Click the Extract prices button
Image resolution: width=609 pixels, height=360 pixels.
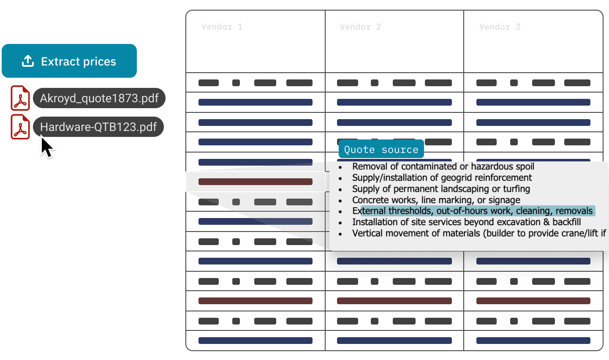tap(69, 61)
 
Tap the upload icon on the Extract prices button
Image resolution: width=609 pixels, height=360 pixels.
tap(28, 61)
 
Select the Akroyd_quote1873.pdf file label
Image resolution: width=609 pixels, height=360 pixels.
tap(99, 98)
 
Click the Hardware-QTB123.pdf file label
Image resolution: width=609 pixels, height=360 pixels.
tap(98, 127)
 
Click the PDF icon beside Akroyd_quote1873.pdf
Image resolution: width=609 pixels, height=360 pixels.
tap(20, 98)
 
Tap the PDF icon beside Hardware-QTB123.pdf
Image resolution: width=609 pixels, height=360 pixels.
tap(20, 127)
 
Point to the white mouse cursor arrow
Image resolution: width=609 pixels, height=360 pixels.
tap(46, 147)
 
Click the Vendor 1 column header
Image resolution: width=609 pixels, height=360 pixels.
tap(222, 27)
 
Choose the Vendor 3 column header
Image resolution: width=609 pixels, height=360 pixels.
tap(500, 27)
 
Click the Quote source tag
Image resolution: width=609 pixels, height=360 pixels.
tap(381, 150)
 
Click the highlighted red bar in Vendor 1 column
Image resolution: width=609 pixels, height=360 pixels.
tap(255, 182)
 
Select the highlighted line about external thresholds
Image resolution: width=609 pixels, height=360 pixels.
tap(473, 211)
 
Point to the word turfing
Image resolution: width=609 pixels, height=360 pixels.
tap(516, 189)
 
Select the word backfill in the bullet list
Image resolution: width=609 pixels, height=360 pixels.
tap(566, 222)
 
